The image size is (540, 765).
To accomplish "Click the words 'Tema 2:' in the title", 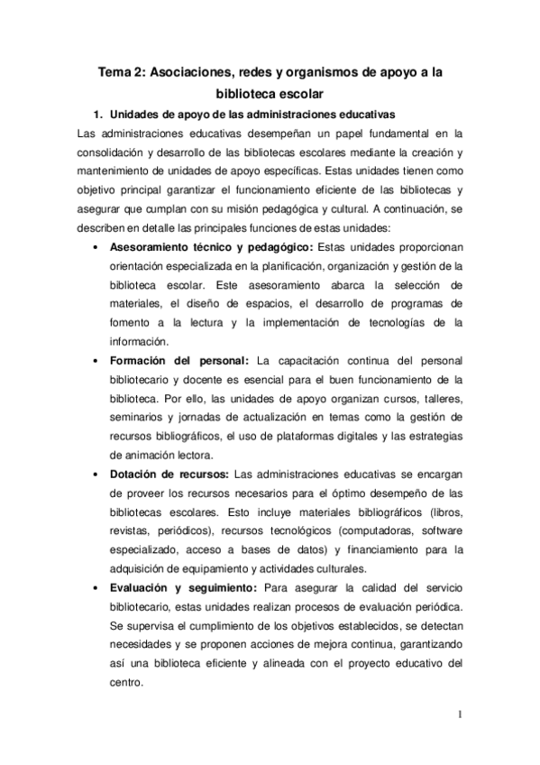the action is point(124,69).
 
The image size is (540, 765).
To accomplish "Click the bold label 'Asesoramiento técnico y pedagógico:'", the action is point(210,247).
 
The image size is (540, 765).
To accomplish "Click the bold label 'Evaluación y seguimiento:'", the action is point(183,588).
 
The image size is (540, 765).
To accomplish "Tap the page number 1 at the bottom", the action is point(460,718).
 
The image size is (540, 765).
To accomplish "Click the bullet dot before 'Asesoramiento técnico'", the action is point(95,247).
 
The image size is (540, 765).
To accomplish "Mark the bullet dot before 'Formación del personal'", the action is point(95,361).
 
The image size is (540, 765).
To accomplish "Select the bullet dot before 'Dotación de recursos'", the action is point(95,475).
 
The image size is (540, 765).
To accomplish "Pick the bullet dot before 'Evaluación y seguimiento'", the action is point(95,588).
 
